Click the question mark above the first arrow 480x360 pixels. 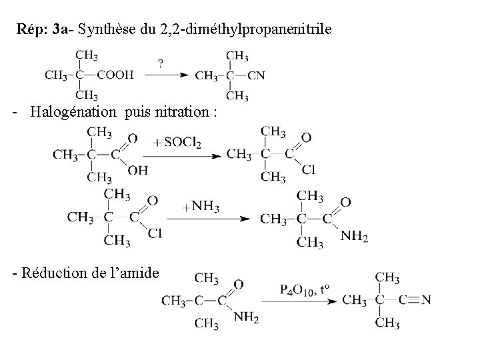coord(161,64)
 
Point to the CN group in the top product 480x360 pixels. coord(256,75)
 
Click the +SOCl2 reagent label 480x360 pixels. coord(177,143)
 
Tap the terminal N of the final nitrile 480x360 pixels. coord(426,300)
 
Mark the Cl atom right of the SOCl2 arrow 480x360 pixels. coord(308,170)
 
